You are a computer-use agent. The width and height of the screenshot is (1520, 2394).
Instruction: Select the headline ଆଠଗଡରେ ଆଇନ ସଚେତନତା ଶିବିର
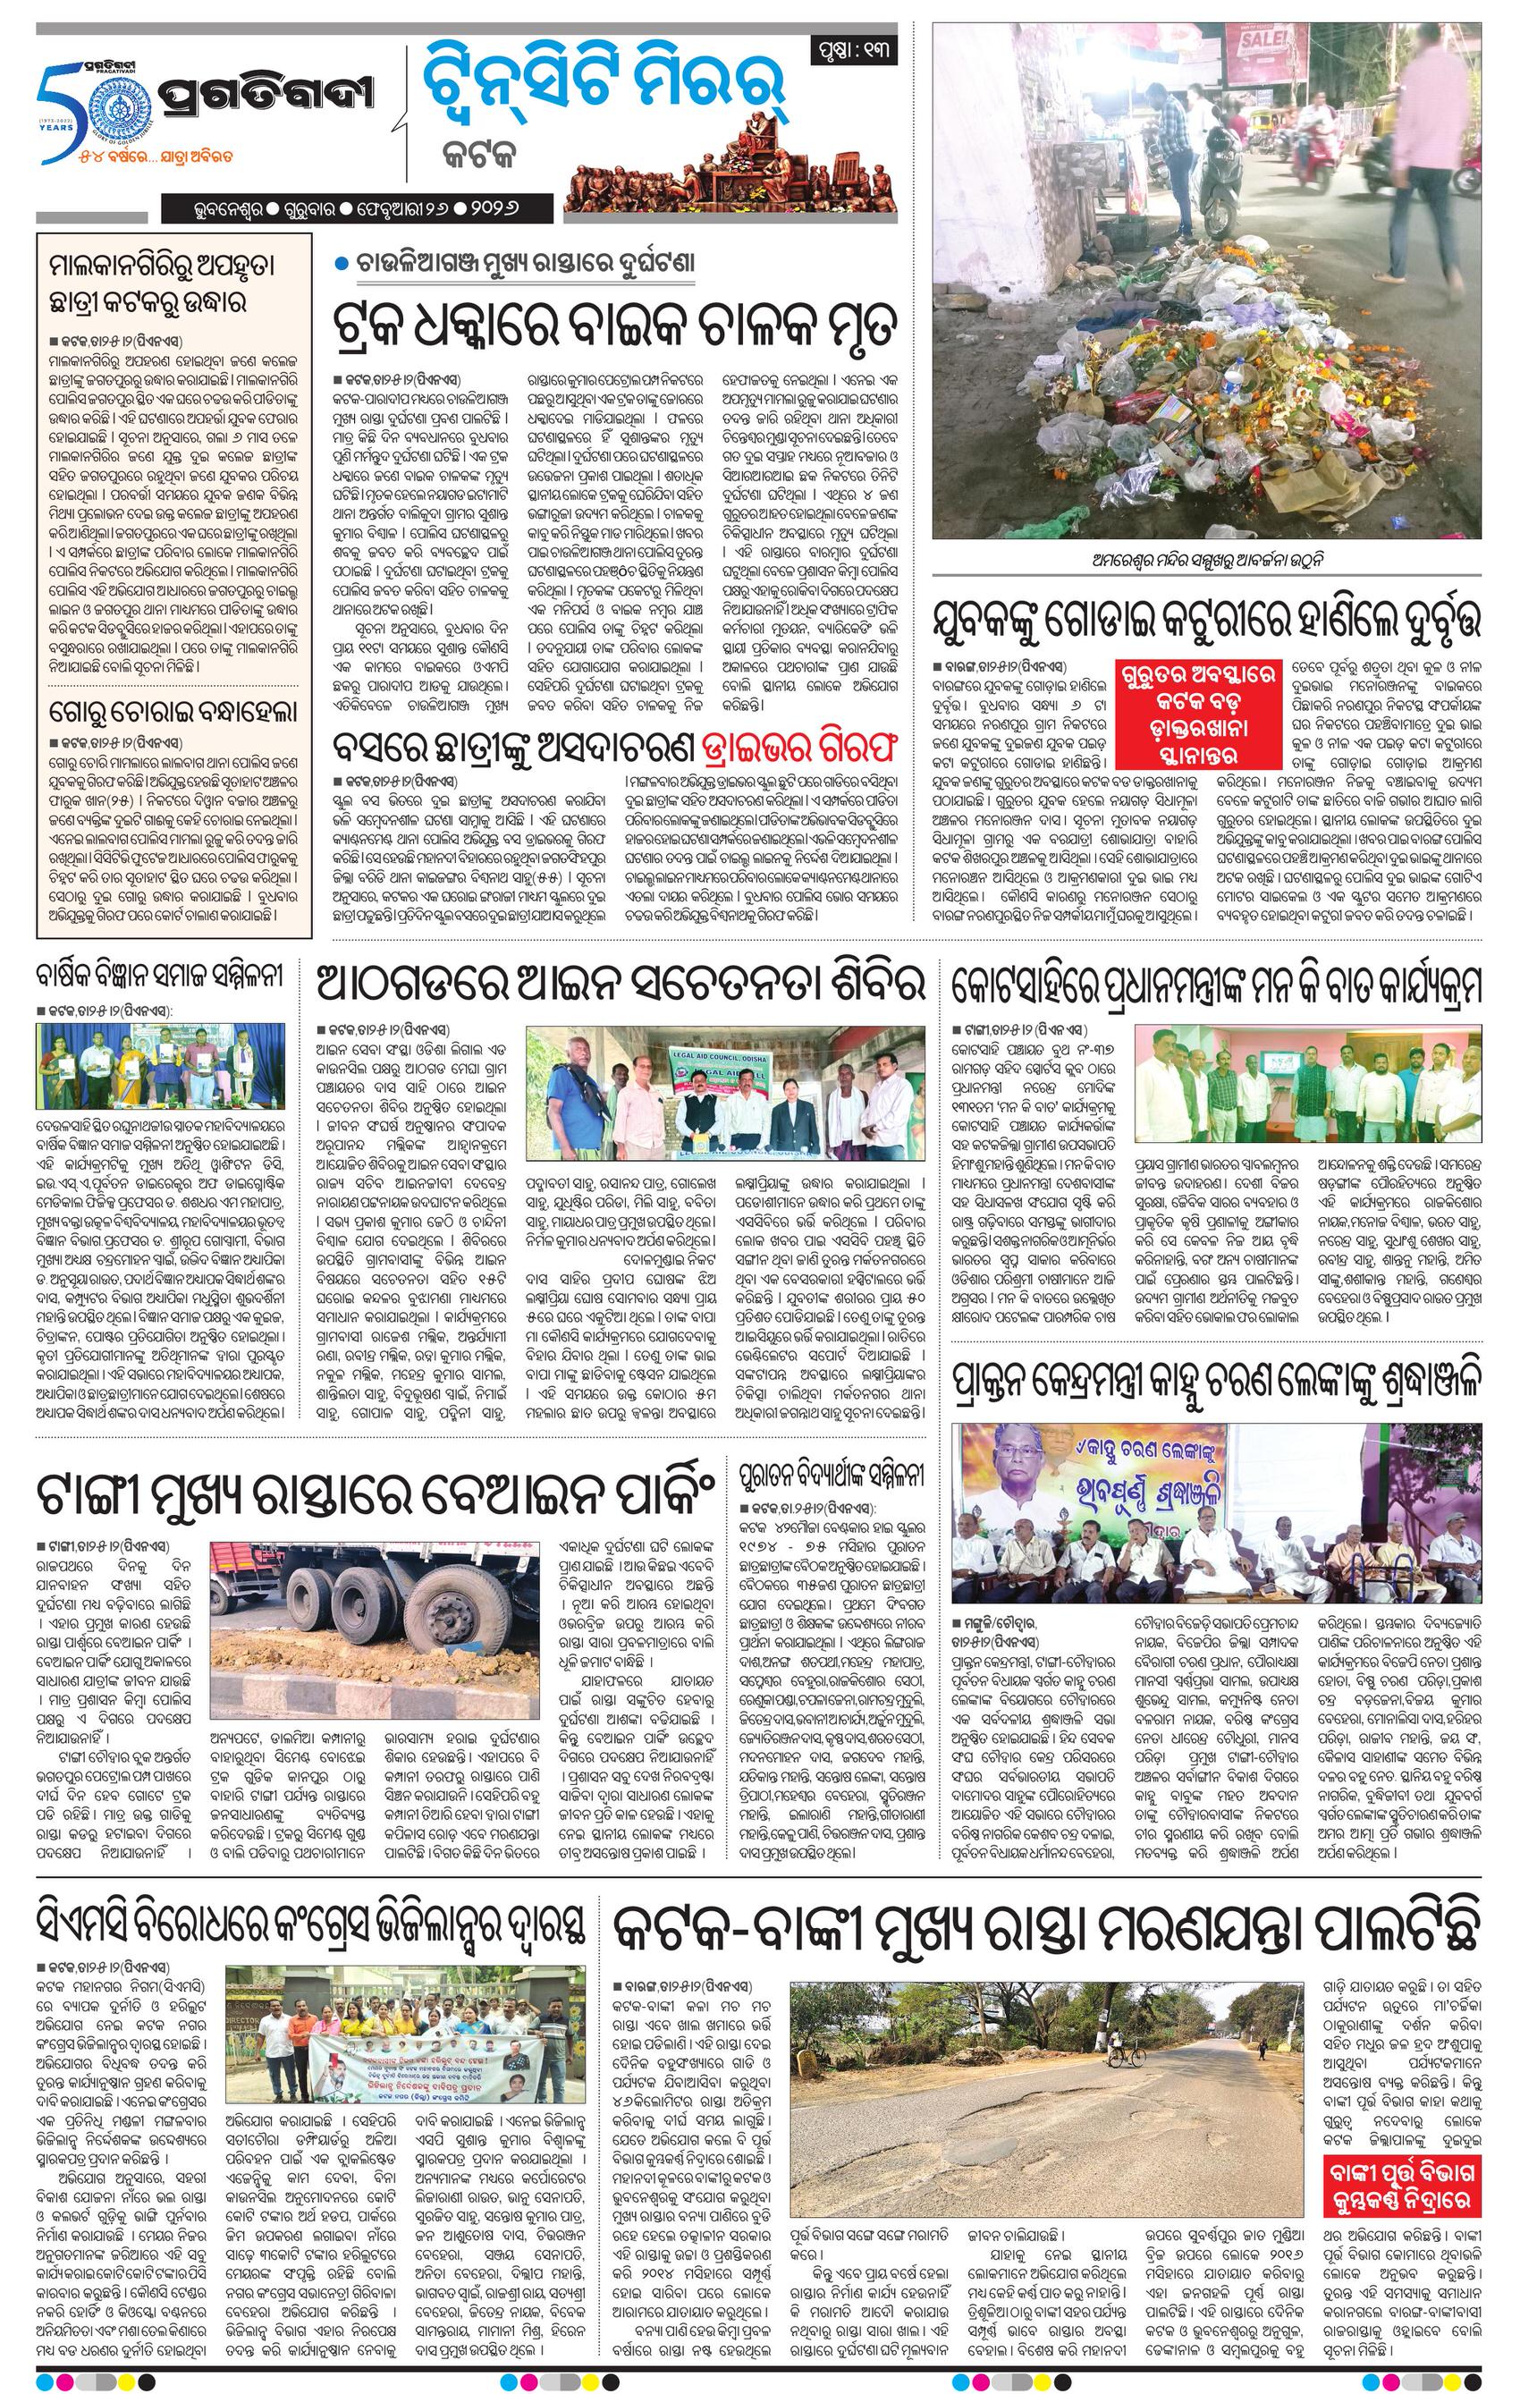pos(621,982)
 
